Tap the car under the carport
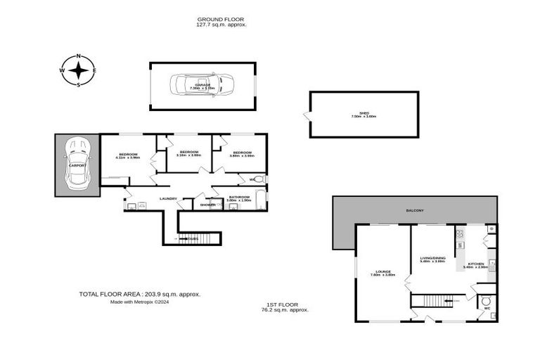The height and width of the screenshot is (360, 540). click(x=77, y=165)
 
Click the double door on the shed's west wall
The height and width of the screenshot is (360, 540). click(x=307, y=115)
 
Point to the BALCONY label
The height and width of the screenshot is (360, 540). click(x=415, y=210)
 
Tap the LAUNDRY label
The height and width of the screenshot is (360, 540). click(x=168, y=198)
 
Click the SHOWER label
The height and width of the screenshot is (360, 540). click(x=207, y=205)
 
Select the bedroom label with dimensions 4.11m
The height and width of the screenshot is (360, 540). click(x=128, y=156)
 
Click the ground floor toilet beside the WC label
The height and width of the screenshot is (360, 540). click(x=257, y=179)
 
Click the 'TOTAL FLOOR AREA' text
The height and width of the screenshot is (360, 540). click(x=140, y=294)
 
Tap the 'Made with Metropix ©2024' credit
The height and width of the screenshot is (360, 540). click(x=139, y=302)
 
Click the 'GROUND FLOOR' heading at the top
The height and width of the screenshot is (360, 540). click(x=221, y=19)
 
